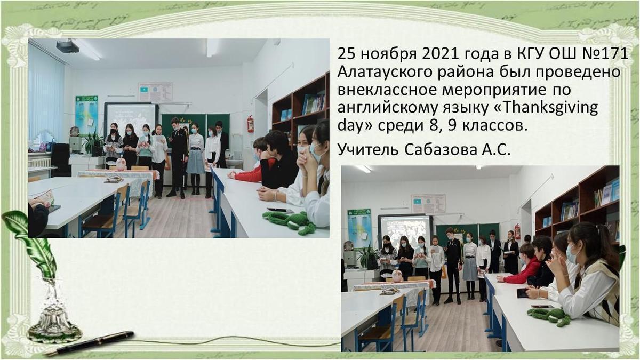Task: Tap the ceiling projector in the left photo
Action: point(67,46)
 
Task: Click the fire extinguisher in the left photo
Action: point(251,124)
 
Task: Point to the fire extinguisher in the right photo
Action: point(517,231)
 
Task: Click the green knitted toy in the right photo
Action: point(549,316)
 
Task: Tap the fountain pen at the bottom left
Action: point(89,343)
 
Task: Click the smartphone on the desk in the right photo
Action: point(522,293)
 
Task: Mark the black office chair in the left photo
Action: point(61,160)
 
